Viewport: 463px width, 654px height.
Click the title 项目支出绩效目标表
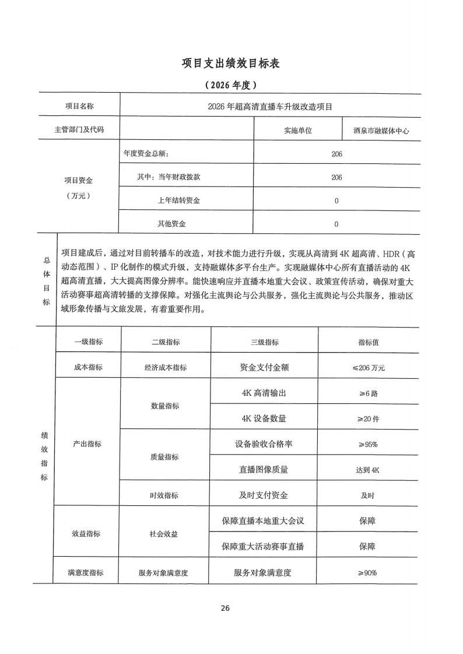pyautogui.click(x=231, y=63)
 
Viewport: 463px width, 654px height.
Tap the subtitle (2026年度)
pyautogui.click(x=231, y=85)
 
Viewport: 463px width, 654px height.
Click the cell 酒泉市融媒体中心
pyautogui.click(x=381, y=131)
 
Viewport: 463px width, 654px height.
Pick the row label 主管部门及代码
pyautogui.click(x=79, y=129)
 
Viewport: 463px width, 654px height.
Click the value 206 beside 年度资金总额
pyautogui.click(x=336, y=154)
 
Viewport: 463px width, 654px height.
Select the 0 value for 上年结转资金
pyautogui.click(x=336, y=201)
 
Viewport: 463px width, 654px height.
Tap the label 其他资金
pyautogui.click(x=171, y=224)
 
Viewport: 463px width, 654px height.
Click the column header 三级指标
pyautogui.click(x=264, y=343)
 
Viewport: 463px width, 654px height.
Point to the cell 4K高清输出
pyautogui.click(x=264, y=393)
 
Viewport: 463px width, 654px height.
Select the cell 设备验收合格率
pyautogui.click(x=264, y=444)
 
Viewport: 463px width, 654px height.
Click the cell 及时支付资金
pyautogui.click(x=264, y=495)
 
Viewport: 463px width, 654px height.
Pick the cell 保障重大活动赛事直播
pyautogui.click(x=264, y=547)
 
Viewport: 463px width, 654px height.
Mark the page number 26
pyautogui.click(x=226, y=608)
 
